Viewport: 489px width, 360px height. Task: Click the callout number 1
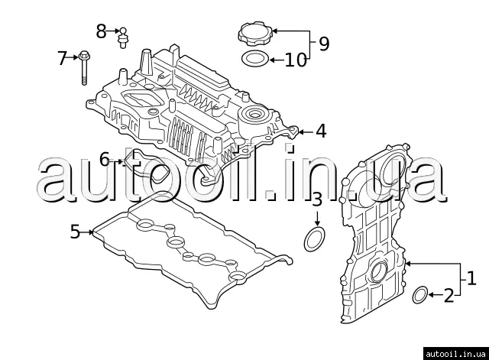(x=471, y=277)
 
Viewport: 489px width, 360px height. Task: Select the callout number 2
(x=449, y=294)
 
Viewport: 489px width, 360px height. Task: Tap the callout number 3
(x=317, y=201)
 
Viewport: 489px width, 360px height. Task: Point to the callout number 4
(x=321, y=131)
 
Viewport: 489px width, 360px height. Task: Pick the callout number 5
(x=75, y=231)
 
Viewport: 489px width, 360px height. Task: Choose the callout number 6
(x=105, y=160)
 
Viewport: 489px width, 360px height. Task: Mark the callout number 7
(x=63, y=57)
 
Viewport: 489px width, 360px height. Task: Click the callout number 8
(x=102, y=31)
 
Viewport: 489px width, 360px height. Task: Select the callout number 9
(x=324, y=44)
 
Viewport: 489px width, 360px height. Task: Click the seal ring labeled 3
(x=314, y=238)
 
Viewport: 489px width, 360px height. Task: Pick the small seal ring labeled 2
(x=419, y=294)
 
